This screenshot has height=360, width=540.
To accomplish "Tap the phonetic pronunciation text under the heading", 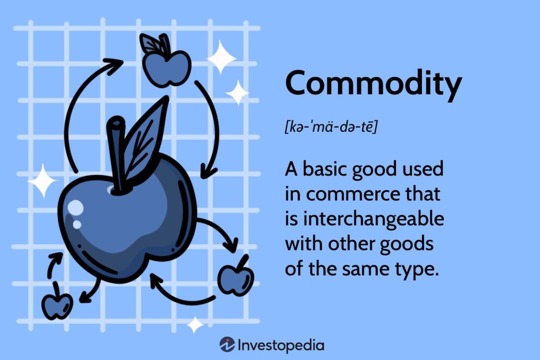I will click(331, 127).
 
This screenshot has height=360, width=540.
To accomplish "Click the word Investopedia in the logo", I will click(281, 346).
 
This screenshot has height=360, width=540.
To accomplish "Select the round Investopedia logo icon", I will click(227, 345).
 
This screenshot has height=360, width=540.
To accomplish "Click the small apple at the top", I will click(166, 66).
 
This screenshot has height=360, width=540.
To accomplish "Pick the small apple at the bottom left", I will click(57, 304).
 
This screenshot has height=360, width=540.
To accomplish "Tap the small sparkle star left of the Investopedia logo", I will click(195, 324).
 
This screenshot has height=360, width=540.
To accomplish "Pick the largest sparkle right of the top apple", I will click(221, 57).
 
